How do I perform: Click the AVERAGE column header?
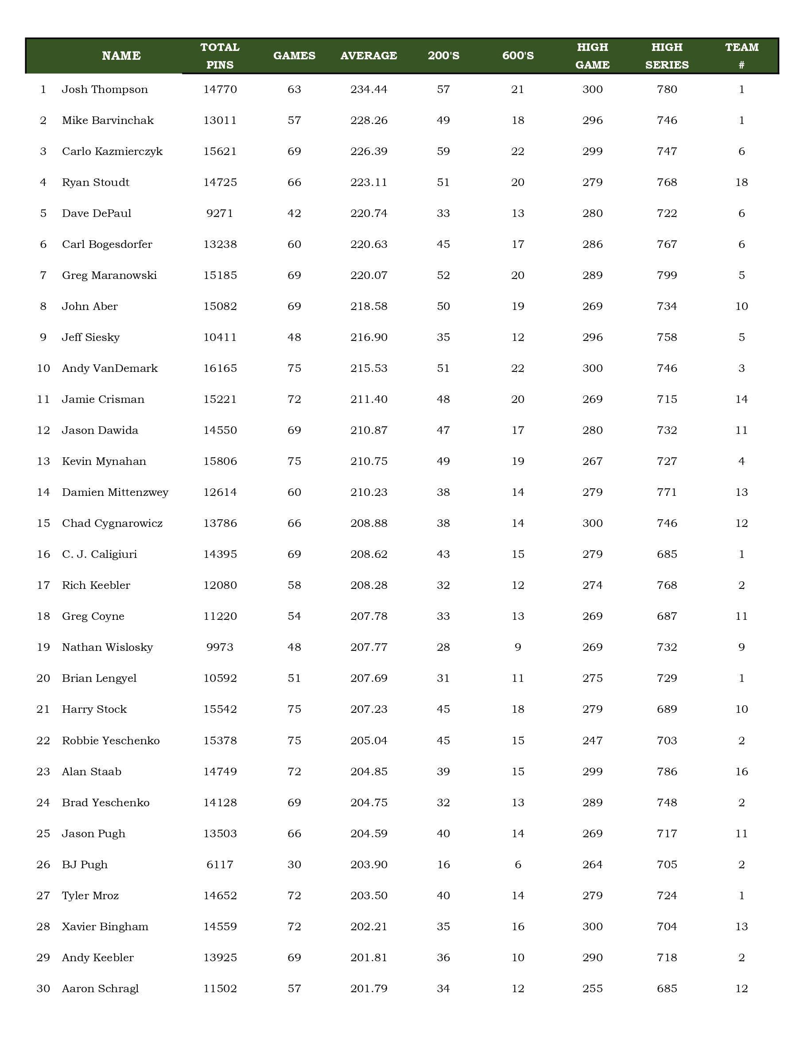click(369, 55)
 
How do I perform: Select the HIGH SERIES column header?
click(667, 55)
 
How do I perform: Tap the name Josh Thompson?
click(105, 89)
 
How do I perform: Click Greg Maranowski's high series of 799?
click(667, 275)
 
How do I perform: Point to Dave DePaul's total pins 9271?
click(220, 213)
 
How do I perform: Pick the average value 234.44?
click(369, 89)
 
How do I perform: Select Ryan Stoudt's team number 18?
click(741, 182)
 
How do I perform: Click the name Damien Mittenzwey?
click(115, 492)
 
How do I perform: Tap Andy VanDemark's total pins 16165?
click(220, 368)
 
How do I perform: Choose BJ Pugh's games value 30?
click(294, 864)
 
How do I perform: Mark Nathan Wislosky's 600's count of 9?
click(518, 647)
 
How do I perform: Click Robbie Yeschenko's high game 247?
click(592, 740)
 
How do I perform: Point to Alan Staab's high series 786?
click(667, 772)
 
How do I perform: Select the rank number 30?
click(43, 989)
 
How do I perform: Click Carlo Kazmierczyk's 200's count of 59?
click(443, 151)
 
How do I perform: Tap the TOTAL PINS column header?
click(220, 55)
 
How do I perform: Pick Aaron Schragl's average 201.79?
click(369, 989)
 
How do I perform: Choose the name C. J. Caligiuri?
click(100, 554)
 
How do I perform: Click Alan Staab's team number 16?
click(741, 772)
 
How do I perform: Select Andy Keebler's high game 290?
click(592, 958)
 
